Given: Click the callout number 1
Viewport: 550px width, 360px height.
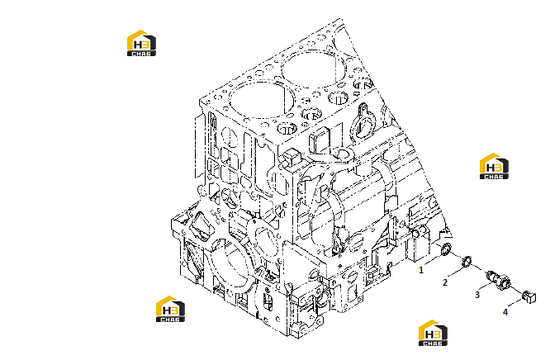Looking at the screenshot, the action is [421, 270].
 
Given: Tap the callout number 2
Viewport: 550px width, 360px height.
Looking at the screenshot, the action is [445, 282].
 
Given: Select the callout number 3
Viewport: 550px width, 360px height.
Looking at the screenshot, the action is [477, 295].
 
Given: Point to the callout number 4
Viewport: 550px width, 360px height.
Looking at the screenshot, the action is [505, 311].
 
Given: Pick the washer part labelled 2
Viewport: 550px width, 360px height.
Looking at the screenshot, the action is [467, 261].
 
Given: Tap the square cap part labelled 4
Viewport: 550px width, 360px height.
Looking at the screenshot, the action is [529, 297].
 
